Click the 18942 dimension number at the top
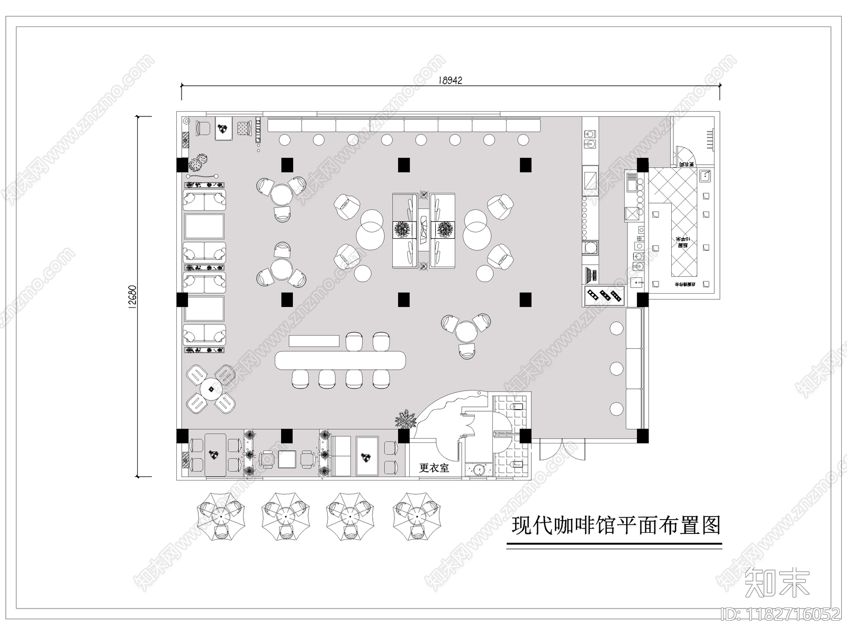[x=450, y=80]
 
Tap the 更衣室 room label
[x=434, y=468]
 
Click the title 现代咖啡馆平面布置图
[x=616, y=526]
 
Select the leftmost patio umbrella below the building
[x=222, y=516]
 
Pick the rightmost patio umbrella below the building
[x=418, y=516]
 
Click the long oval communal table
[x=340, y=360]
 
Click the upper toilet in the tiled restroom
[x=518, y=406]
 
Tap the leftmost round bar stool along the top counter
[x=284, y=140]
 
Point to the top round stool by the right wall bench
[x=616, y=328]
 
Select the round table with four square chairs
[x=211, y=389]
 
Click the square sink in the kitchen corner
[x=705, y=175]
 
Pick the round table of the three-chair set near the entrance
[x=466, y=332]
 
